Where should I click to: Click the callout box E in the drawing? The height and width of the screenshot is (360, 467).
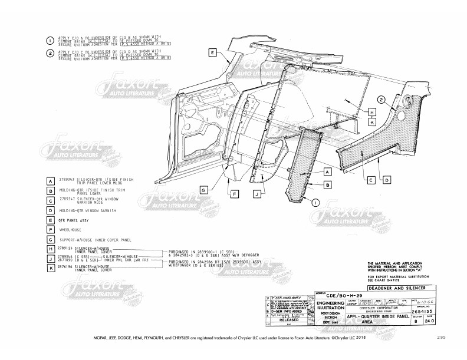click(212, 52)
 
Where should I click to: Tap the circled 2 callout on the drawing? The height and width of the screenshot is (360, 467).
click(382, 100)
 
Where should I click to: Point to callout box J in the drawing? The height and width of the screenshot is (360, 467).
click(258, 193)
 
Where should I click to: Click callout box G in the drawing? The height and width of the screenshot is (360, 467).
click(202, 190)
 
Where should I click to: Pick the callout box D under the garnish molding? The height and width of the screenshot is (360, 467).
click(387, 180)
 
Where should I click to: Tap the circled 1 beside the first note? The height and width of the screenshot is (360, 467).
click(50, 40)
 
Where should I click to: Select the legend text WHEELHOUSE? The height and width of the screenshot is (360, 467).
click(71, 229)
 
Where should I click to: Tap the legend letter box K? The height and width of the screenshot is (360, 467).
click(51, 268)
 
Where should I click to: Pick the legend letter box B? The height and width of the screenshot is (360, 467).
click(51, 191)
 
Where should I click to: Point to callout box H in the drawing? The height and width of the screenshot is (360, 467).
click(372, 111)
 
